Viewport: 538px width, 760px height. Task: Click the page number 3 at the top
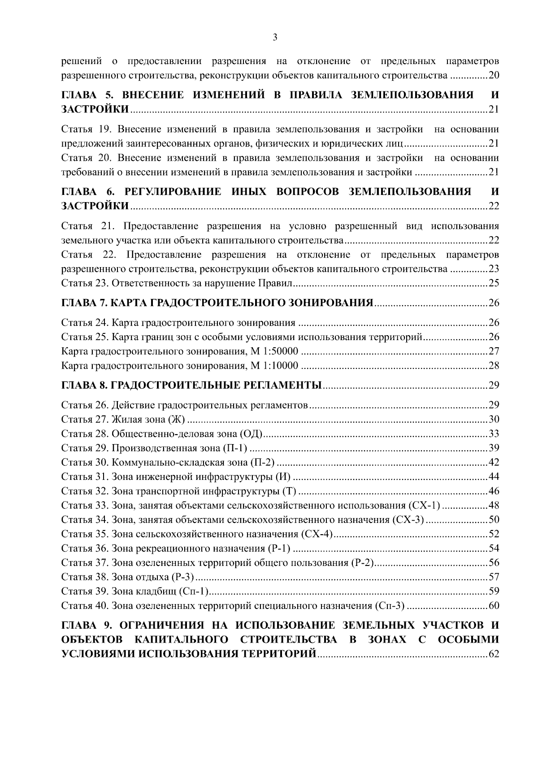275,38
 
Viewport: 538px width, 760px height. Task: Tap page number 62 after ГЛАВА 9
494,654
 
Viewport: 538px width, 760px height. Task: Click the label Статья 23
85,283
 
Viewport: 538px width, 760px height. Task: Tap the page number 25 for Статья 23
494,283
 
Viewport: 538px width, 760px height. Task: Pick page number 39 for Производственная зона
494,448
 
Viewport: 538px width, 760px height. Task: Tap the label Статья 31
85,477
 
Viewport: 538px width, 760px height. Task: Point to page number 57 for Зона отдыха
494,577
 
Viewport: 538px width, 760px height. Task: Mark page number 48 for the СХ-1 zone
494,505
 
